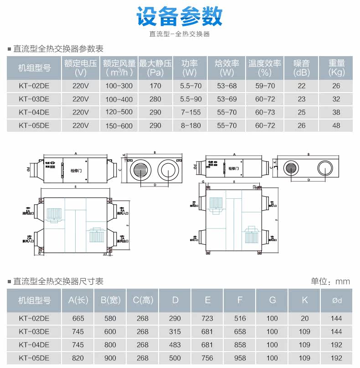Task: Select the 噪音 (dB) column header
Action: pyautogui.click(x=301, y=68)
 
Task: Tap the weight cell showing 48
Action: pyautogui.click(x=336, y=125)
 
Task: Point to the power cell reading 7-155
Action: pyautogui.click(x=190, y=112)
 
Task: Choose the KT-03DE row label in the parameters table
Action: pyautogui.click(x=34, y=99)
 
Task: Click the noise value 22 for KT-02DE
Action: pyautogui.click(x=301, y=86)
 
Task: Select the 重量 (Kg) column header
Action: pyautogui.click(x=336, y=68)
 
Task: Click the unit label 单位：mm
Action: pyautogui.click(x=330, y=281)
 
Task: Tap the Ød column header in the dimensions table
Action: pyautogui.click(x=337, y=300)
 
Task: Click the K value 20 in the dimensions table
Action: pyautogui.click(x=305, y=319)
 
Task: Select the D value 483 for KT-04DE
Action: pyautogui.click(x=175, y=345)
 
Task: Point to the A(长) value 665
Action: pyautogui.click(x=78, y=319)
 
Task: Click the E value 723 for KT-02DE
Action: pyautogui.click(x=207, y=319)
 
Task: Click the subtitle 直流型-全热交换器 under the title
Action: pyautogui.click(x=180, y=34)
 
